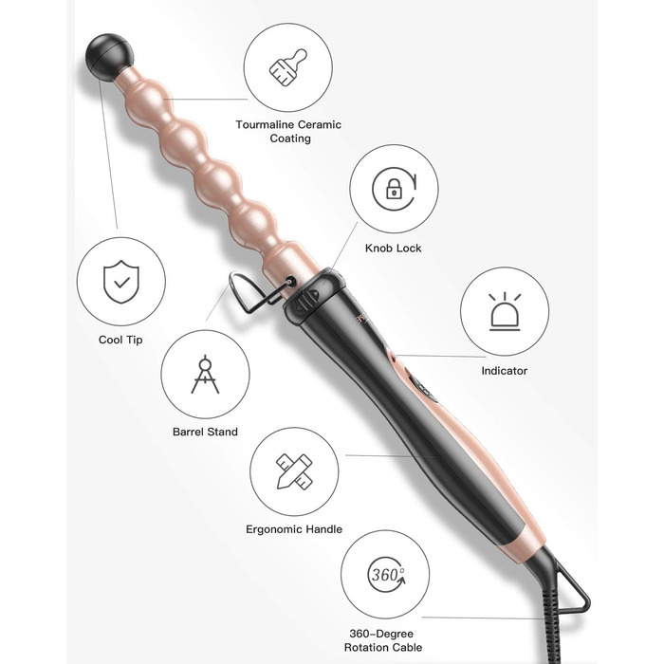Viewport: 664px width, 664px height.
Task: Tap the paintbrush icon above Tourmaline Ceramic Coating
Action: pos(288,67)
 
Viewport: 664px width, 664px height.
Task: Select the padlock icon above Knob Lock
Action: pos(395,189)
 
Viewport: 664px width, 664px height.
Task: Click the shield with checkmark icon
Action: pos(121,282)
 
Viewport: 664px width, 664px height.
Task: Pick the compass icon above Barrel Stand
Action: pos(206,375)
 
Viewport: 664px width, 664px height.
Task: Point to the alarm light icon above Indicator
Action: pos(505,311)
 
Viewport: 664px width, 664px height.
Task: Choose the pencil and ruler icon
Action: pos(294,471)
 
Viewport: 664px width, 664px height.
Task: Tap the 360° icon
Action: pos(385,575)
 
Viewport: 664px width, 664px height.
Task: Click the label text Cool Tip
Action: pos(120,340)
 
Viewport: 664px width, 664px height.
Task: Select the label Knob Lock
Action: pos(394,249)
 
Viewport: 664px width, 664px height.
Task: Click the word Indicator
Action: pos(505,371)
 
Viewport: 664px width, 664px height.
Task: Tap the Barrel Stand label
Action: pos(206,432)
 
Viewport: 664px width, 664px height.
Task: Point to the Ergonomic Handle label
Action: pos(294,529)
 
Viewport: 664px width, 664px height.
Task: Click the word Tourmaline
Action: pos(265,125)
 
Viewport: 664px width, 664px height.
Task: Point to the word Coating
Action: pos(290,138)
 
